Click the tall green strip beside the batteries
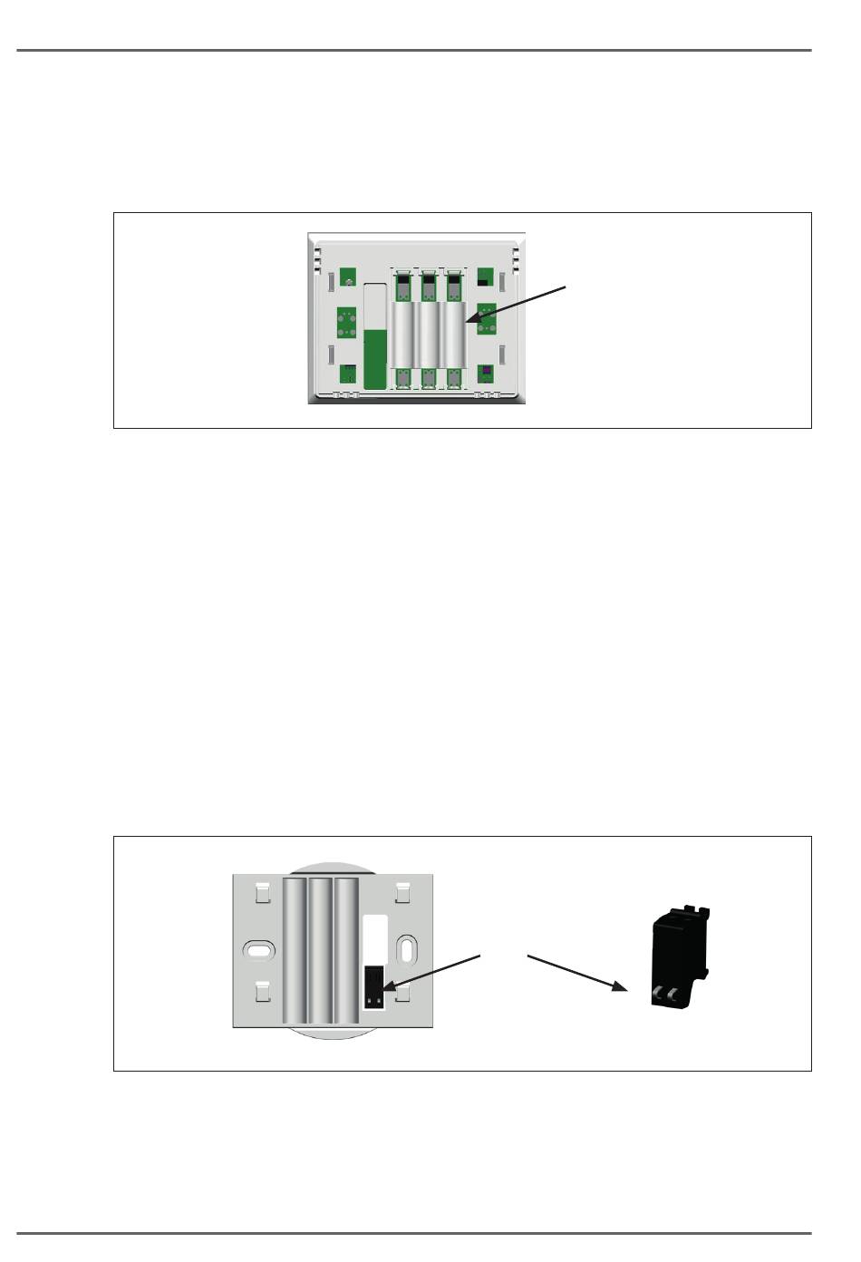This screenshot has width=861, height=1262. (374, 359)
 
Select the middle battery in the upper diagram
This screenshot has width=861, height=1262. (428, 334)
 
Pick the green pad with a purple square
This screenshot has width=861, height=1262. (487, 373)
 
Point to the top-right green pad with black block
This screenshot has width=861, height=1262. (486, 277)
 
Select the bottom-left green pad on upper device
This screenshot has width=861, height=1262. (348, 372)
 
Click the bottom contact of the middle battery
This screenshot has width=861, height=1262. (428, 380)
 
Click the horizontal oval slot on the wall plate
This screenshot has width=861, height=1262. (258, 951)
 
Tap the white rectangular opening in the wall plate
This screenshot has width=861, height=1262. (374, 936)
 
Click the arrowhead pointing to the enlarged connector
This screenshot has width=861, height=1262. (621, 987)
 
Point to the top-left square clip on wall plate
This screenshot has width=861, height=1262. (261, 893)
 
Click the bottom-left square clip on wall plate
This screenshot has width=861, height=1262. (261, 994)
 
